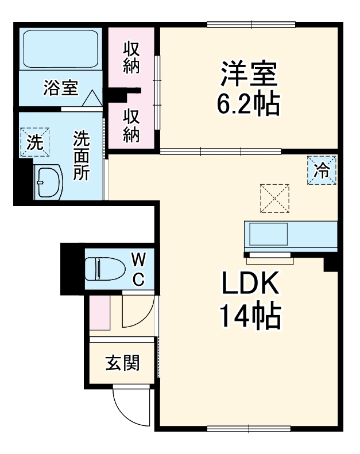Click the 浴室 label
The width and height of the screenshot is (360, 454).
tap(60, 88)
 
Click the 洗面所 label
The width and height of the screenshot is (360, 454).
tap(82, 156)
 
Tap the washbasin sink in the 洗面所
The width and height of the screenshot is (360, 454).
tap(48, 183)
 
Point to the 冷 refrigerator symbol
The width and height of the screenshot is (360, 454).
tap(322, 170)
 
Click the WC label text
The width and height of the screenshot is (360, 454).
tap(140, 269)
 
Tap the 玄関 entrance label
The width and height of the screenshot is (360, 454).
tap(122, 363)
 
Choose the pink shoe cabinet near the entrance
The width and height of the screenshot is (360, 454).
tap(100, 312)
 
